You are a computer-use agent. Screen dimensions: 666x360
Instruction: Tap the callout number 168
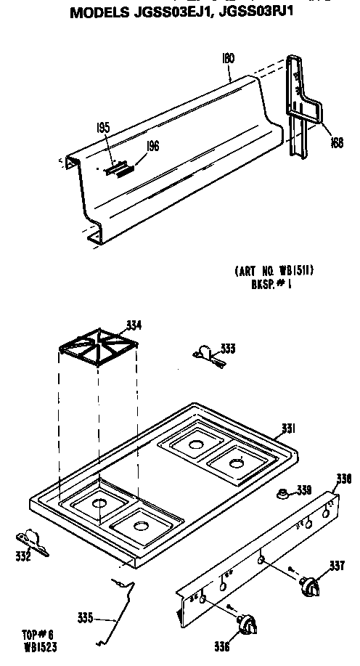[x=336, y=142]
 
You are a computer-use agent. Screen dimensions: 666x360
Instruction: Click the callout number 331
[x=287, y=429]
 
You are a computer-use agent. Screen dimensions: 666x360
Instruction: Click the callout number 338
[x=344, y=479]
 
